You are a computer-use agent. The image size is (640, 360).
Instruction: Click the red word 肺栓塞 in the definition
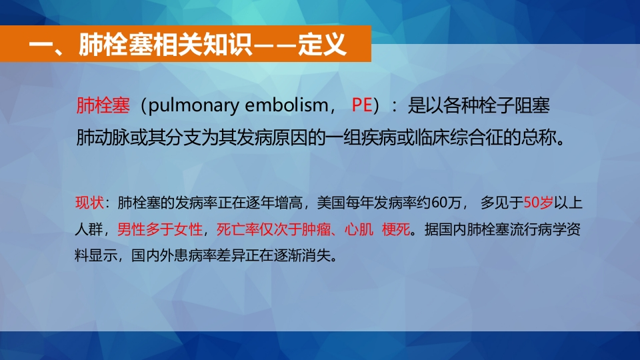[103, 105]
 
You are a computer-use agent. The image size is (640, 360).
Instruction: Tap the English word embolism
[287, 105]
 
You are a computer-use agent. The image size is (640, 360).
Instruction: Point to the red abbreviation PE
[361, 105]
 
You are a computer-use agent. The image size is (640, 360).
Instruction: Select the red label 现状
[89, 203]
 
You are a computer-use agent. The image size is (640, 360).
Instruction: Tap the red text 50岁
[539, 203]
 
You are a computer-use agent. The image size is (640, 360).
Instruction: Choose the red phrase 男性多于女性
[160, 229]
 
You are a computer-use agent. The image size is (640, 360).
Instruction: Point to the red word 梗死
[396, 229]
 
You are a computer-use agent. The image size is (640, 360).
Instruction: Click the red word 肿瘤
[316, 229]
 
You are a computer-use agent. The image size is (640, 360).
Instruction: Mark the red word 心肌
[359, 229]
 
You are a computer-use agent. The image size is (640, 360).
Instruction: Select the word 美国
[331, 203]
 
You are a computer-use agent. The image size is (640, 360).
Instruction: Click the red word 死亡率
[237, 229]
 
